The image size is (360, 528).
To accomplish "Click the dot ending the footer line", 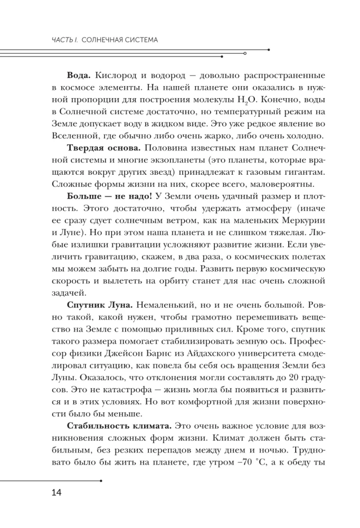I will [x=100, y=480].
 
